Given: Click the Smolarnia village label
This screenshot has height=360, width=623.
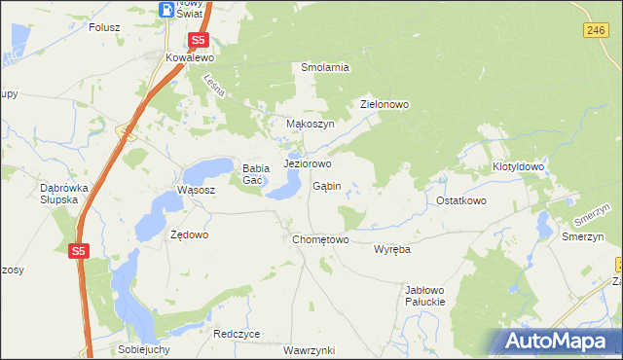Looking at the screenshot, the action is tap(324, 67).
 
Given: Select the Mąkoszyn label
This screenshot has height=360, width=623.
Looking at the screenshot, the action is tap(310, 125).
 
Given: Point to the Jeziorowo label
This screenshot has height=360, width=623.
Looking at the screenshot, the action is tap(308, 163).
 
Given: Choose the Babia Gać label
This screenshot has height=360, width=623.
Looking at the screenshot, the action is tap(255, 174).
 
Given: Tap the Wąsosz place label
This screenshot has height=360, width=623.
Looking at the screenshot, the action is tap(195, 190).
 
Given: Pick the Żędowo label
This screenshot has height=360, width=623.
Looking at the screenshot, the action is tap(189, 234).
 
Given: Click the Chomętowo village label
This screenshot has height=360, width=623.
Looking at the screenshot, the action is tap(320, 239).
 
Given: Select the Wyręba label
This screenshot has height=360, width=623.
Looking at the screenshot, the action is tap(392, 249).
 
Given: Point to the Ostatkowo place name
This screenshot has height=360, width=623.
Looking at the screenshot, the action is tap(460, 200).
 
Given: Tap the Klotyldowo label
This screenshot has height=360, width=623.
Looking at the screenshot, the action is tap(518, 167).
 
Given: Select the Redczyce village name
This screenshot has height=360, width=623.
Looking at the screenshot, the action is tap(237, 334).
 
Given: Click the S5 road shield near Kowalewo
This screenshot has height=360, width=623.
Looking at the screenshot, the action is tap(199, 40).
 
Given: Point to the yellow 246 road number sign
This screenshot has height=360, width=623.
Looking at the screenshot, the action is tap(597, 31).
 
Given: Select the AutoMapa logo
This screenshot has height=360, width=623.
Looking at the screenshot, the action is tap(559, 342).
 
